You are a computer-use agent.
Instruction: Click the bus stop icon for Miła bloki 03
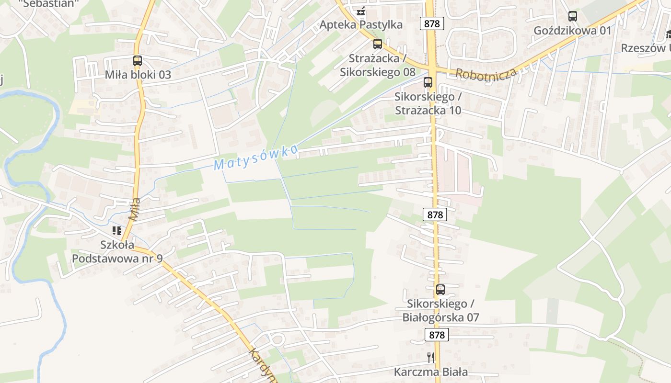coord(138,61)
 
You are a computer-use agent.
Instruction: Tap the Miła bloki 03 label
coord(138,75)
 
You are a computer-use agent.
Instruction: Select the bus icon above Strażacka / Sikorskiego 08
coord(378,44)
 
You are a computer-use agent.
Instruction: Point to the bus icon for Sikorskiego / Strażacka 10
coord(428,82)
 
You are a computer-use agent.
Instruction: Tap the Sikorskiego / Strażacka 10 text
coord(428,103)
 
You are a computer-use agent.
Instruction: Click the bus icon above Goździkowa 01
coord(573,16)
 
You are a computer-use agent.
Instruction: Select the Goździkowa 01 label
coord(573,31)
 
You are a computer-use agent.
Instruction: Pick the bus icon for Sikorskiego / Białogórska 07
coord(440,290)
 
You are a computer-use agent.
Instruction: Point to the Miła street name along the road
coord(135,209)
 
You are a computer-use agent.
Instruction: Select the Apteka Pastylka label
coord(361,24)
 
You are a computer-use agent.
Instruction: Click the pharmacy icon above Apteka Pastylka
coord(361,10)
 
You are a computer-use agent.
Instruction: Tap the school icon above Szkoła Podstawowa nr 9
coord(117,231)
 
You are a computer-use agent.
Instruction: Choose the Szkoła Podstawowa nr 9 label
coord(117,252)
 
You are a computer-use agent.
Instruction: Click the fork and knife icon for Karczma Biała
coord(431,357)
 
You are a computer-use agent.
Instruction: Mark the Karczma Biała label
coord(431,372)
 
